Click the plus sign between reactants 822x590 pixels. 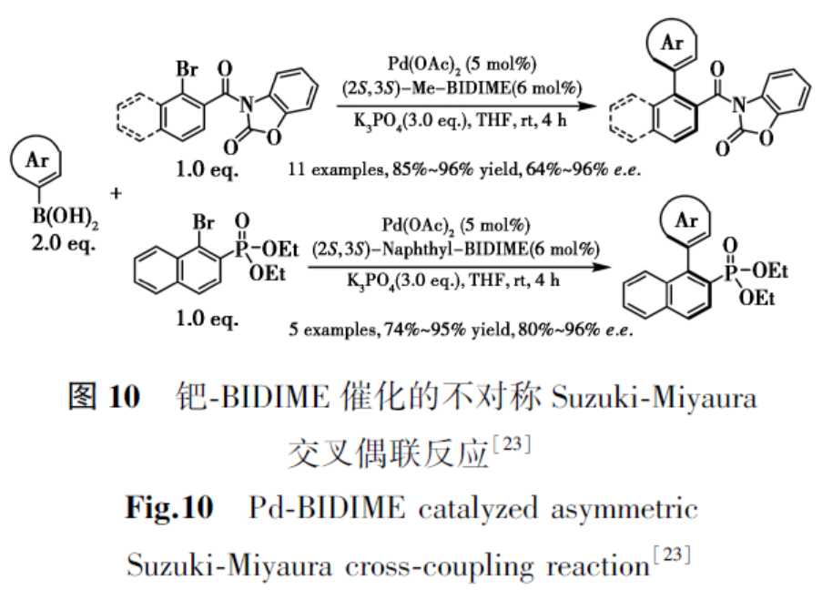[x=116, y=193]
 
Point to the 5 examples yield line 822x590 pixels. [x=457, y=330]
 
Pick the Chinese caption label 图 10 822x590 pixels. [x=104, y=398]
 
